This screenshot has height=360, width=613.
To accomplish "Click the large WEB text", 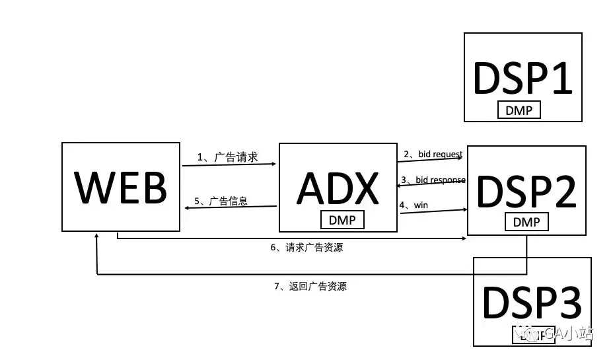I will coord(121,187).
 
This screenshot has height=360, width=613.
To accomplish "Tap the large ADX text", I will coord(338,188).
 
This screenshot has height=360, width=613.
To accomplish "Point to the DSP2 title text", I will coord(526,191).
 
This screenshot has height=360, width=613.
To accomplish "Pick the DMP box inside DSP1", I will coord(519,110).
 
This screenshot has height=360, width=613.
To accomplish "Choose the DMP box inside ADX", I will coord(342,219).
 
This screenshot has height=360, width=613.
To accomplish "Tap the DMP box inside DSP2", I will coord(526,223).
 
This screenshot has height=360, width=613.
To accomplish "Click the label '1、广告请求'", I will coord(227,157).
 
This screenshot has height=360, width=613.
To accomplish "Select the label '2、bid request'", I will coord(433,155).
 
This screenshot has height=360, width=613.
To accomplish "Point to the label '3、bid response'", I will coord(433,180).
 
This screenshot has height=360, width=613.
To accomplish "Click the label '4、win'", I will coord(414,205).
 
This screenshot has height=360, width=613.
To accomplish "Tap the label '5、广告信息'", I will coord(221,201).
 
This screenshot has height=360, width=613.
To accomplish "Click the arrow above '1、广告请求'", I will coord(229,165).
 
